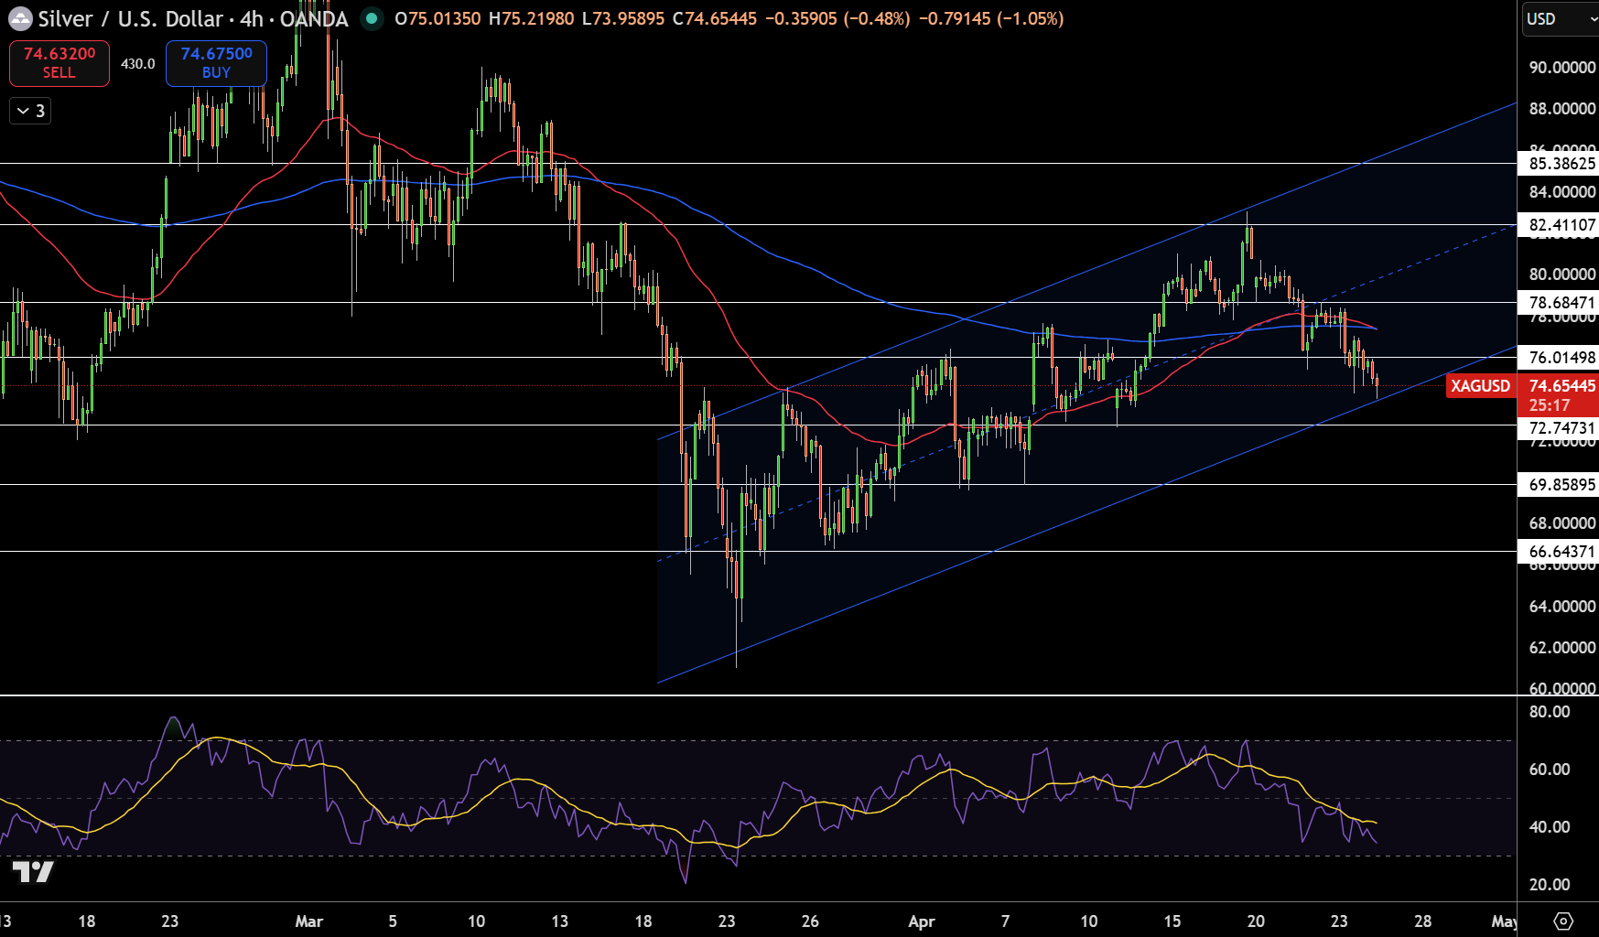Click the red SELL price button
pyautogui.click(x=59, y=63)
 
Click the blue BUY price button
pyautogui.click(x=216, y=63)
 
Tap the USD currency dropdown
pyautogui.click(x=1558, y=19)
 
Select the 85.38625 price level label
pyautogui.click(x=1561, y=164)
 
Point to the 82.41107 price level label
pyautogui.click(x=1561, y=225)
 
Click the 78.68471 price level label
pyautogui.click(x=1561, y=303)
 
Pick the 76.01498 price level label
pyautogui.click(x=1561, y=358)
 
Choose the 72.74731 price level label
pyautogui.click(x=1561, y=428)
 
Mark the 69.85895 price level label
pyautogui.click(x=1561, y=485)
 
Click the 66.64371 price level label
pyautogui.click(x=1561, y=552)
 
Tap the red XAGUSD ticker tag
pyautogui.click(x=1479, y=386)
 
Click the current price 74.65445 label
pyautogui.click(x=1561, y=386)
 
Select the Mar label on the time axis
pyautogui.click(x=309, y=921)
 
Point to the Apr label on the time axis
pyautogui.click(x=921, y=921)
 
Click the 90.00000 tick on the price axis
pyautogui.click(x=1561, y=68)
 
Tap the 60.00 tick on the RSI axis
pyautogui.click(x=1549, y=770)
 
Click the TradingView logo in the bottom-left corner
pyautogui.click(x=33, y=872)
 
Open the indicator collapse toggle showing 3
pyautogui.click(x=30, y=112)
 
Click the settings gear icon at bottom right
pyautogui.click(x=1563, y=921)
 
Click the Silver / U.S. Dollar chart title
pyautogui.click(x=192, y=19)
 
